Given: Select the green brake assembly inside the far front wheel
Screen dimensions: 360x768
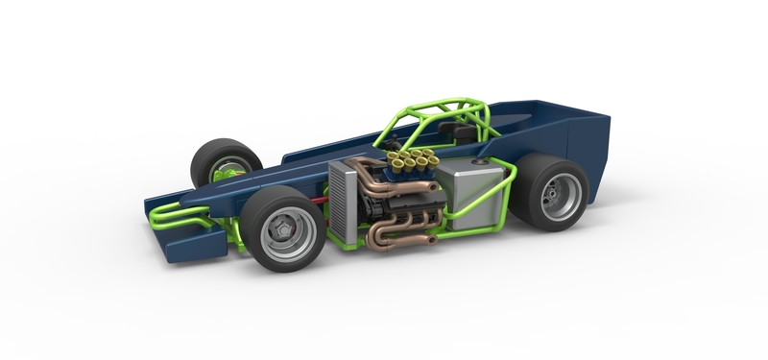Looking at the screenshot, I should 228,173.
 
